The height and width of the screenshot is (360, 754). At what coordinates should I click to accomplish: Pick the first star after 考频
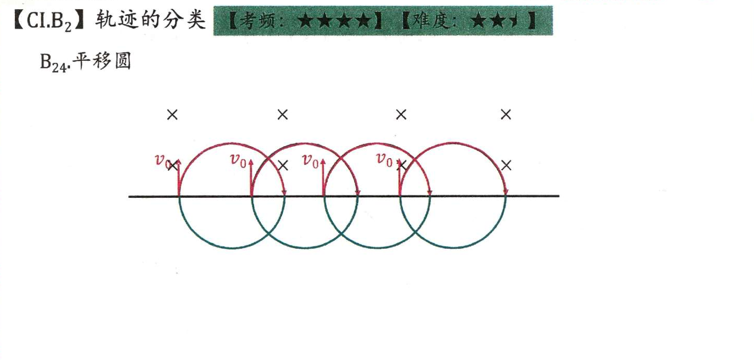pyautogui.click(x=306, y=22)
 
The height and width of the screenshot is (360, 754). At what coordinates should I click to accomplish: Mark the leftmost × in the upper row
pyautogui.click(x=172, y=115)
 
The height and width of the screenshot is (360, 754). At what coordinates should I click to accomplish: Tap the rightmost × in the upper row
pyautogui.click(x=506, y=115)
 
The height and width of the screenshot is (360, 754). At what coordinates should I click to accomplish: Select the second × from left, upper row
pyautogui.click(x=282, y=115)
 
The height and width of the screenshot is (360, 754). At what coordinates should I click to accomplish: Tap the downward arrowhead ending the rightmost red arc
pyautogui.click(x=505, y=192)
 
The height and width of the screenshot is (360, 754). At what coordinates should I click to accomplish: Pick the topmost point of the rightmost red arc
pyautogui.click(x=453, y=142)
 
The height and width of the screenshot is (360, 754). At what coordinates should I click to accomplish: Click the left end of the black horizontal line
pyautogui.click(x=129, y=197)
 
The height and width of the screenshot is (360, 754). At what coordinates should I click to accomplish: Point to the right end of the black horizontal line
pyautogui.click(x=558, y=197)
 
